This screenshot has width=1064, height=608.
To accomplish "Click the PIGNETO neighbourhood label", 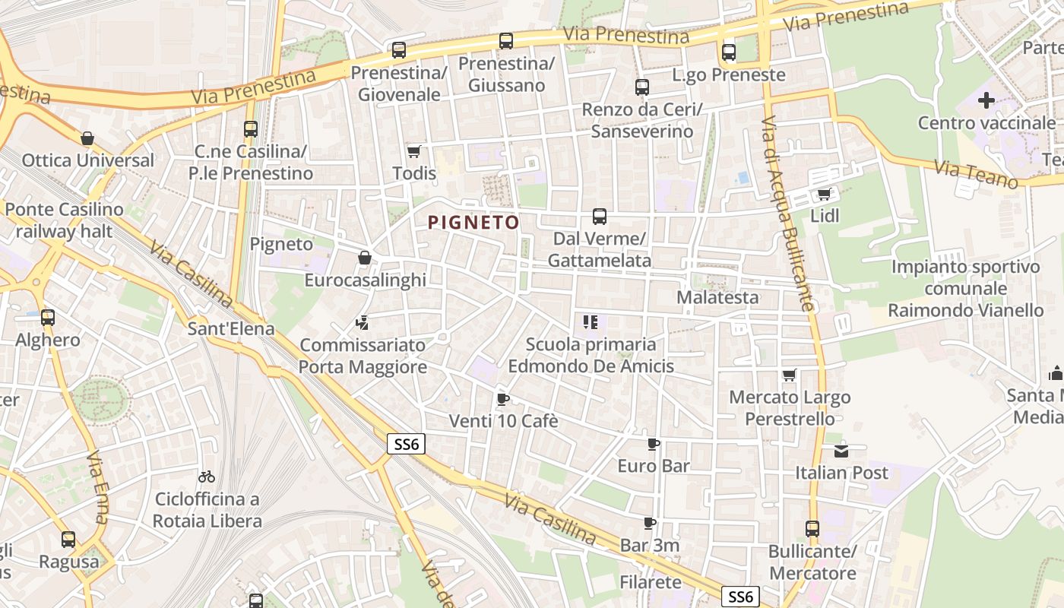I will click(x=473, y=223).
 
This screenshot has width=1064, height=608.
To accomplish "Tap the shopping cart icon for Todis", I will click(x=414, y=151).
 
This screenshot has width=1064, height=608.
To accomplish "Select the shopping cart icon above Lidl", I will click(x=824, y=194).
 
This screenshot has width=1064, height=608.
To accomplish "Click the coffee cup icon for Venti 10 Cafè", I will click(x=502, y=398).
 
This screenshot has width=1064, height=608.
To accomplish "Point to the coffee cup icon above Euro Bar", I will click(x=653, y=444).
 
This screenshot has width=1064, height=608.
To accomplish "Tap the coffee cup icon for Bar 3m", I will click(x=649, y=523).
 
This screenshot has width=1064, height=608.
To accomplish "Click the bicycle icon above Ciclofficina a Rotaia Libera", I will click(x=207, y=477).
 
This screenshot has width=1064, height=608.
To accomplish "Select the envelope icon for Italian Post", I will click(x=841, y=451).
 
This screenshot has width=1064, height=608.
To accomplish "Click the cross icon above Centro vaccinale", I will click(x=986, y=100).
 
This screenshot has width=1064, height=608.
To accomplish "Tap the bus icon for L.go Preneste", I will click(x=729, y=52).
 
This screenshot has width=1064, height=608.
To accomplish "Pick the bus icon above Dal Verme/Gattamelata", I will click(x=600, y=217).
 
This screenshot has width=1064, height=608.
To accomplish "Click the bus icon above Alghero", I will click(x=48, y=318).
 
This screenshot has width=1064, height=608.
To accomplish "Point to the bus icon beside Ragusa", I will click(x=68, y=540).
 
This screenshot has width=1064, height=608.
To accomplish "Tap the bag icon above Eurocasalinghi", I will click(x=365, y=258).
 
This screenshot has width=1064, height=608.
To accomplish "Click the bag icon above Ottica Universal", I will click(x=87, y=138).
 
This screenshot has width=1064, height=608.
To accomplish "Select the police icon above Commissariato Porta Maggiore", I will click(x=362, y=323).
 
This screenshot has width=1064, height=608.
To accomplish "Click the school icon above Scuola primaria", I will click(x=591, y=321).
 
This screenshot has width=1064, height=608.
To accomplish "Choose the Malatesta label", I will click(x=717, y=297).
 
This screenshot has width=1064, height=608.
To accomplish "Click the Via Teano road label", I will click(x=976, y=175).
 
